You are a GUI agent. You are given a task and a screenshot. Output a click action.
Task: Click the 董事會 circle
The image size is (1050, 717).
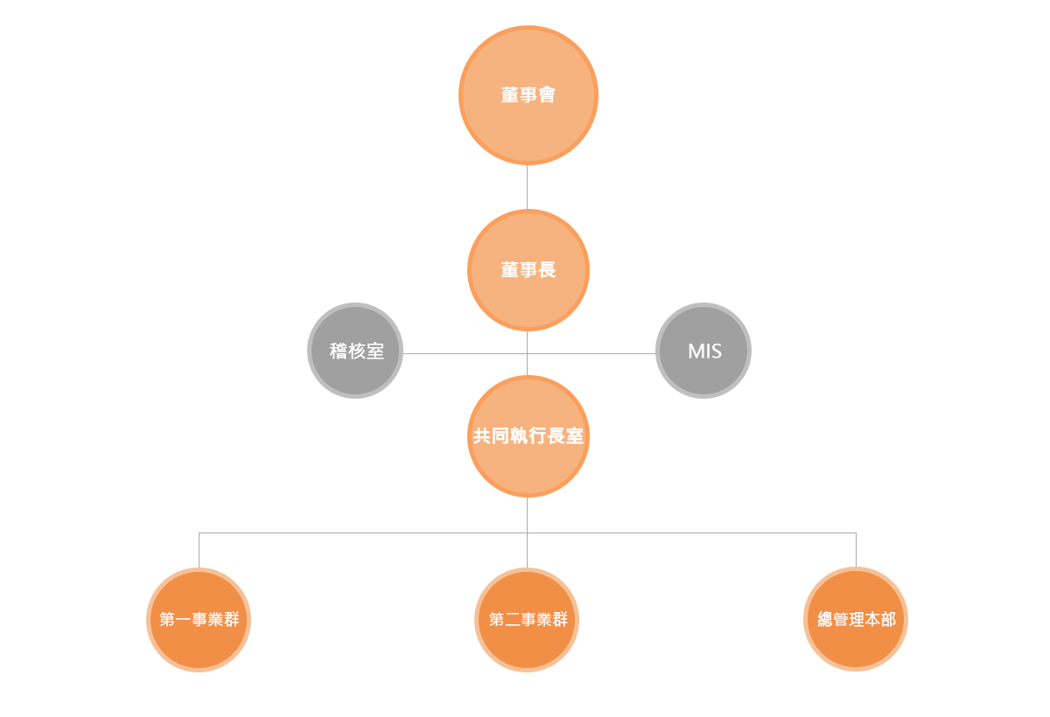pyautogui.click(x=528, y=95)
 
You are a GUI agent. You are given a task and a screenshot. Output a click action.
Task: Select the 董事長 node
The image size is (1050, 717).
pyautogui.click(x=528, y=270)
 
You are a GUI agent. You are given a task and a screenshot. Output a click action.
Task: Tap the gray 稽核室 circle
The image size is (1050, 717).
pyautogui.click(x=355, y=351)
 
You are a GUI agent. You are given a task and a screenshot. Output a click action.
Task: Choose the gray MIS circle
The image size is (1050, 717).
pyautogui.click(x=703, y=351)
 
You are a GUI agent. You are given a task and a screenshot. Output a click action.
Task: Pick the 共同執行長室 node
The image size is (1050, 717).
pyautogui.click(x=528, y=436)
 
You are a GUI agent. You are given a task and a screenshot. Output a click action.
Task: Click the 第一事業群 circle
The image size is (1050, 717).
pyautogui.click(x=199, y=620)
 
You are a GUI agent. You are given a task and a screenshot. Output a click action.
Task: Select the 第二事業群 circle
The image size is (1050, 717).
pyautogui.click(x=527, y=620)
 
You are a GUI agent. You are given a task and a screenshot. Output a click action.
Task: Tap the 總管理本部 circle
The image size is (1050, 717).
pyautogui.click(x=856, y=619)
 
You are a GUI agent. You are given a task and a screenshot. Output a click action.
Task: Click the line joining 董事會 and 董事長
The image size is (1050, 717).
pyautogui.click(x=528, y=187)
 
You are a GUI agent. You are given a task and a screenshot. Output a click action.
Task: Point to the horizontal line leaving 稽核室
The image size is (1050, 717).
pyautogui.click(x=465, y=353)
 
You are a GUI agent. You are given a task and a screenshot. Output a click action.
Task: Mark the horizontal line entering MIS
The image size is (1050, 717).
pyautogui.click(x=591, y=353)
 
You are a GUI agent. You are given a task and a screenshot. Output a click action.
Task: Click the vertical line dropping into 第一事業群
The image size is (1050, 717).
pyautogui.click(x=199, y=550)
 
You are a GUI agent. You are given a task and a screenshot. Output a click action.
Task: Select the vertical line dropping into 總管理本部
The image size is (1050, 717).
pyautogui.click(x=856, y=550)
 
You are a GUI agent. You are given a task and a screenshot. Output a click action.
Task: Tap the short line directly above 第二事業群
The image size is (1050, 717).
pyautogui.click(x=528, y=550)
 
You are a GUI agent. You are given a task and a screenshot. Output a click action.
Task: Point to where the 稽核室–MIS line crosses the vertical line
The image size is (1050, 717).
pyautogui.click(x=528, y=353)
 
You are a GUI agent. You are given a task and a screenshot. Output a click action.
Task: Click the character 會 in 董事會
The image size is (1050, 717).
pyautogui.click(x=547, y=95)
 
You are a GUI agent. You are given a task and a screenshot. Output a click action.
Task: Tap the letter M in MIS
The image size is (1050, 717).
pyautogui.click(x=696, y=352)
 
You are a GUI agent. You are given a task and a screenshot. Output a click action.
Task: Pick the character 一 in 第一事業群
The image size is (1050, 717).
pyautogui.click(x=183, y=620)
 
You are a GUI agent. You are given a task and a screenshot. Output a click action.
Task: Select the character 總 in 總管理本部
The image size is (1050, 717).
pyautogui.click(x=825, y=619)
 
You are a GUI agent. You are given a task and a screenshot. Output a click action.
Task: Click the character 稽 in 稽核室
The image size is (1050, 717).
pyautogui.click(x=338, y=351)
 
